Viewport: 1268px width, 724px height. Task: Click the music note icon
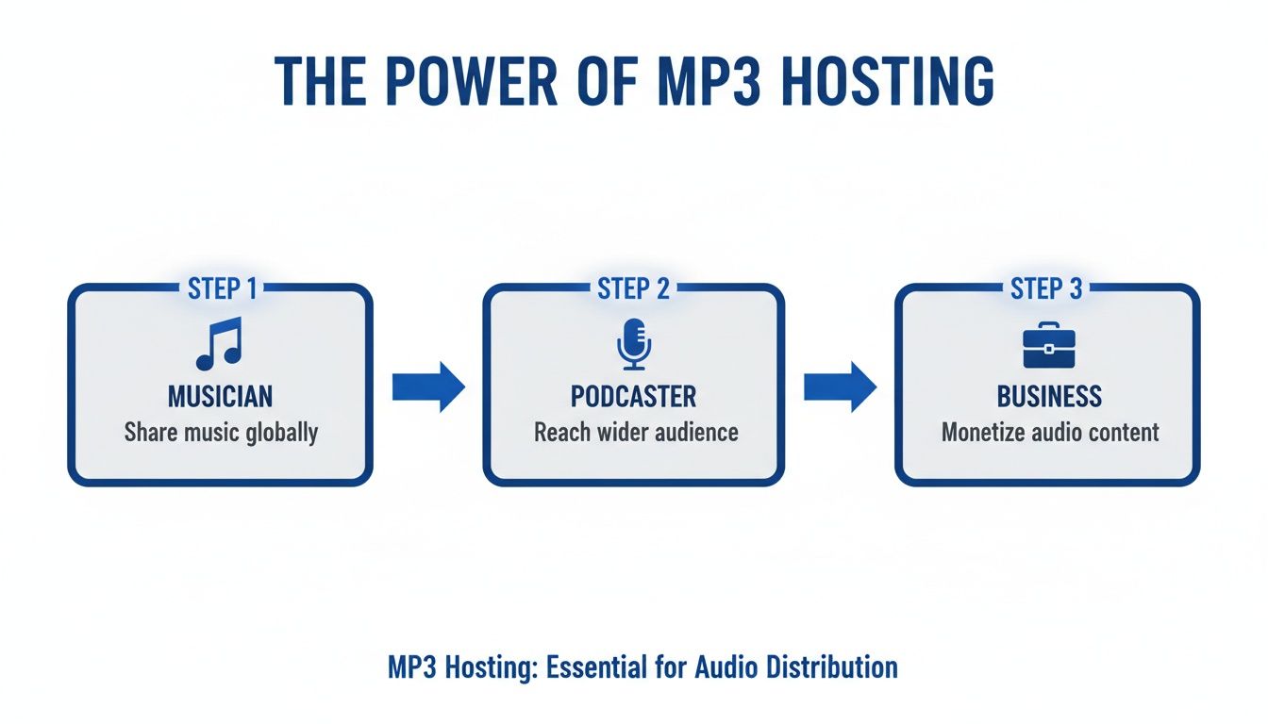(219, 343)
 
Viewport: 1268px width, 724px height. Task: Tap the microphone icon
(633, 343)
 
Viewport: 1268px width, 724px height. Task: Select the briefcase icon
(1048, 346)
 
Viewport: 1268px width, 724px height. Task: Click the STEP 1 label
(220, 288)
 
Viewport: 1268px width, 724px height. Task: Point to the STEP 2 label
(633, 288)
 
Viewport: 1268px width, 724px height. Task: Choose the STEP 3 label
(1046, 288)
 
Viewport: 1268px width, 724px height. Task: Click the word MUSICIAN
(220, 396)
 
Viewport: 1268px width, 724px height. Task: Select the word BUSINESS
(1049, 396)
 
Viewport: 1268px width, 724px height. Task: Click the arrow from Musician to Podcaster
(428, 387)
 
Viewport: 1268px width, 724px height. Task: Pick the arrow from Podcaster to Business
(840, 387)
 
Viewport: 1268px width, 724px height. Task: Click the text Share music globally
(221, 433)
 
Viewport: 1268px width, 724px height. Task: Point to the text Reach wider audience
(636, 433)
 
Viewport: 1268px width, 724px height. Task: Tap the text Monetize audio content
(1050, 433)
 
